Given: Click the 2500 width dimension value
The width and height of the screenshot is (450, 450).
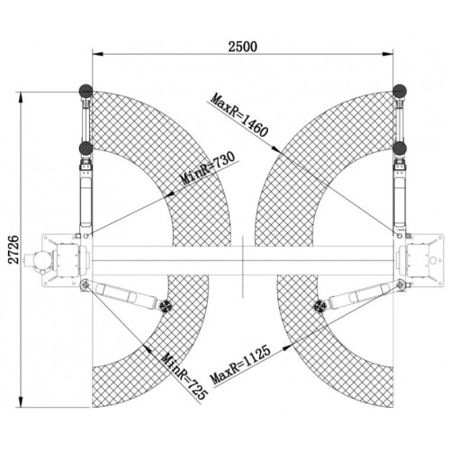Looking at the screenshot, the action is (x=242, y=47).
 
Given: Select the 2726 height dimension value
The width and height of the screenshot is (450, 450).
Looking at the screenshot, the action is (x=13, y=249).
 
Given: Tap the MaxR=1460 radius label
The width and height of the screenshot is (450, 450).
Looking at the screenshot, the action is (x=239, y=115).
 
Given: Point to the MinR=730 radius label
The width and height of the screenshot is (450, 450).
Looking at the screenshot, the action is (x=209, y=168).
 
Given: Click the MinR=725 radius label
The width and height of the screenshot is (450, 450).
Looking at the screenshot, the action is (x=184, y=377).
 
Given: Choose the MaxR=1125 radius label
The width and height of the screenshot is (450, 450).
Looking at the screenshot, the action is (x=240, y=364).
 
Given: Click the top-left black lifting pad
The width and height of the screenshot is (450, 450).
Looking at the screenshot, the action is (x=85, y=91).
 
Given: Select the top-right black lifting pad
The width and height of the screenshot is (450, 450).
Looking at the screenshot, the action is (x=400, y=91).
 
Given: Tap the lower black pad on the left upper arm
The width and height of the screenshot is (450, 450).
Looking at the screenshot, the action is (x=85, y=148).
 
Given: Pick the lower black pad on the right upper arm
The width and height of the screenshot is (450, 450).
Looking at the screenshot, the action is (x=400, y=148).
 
